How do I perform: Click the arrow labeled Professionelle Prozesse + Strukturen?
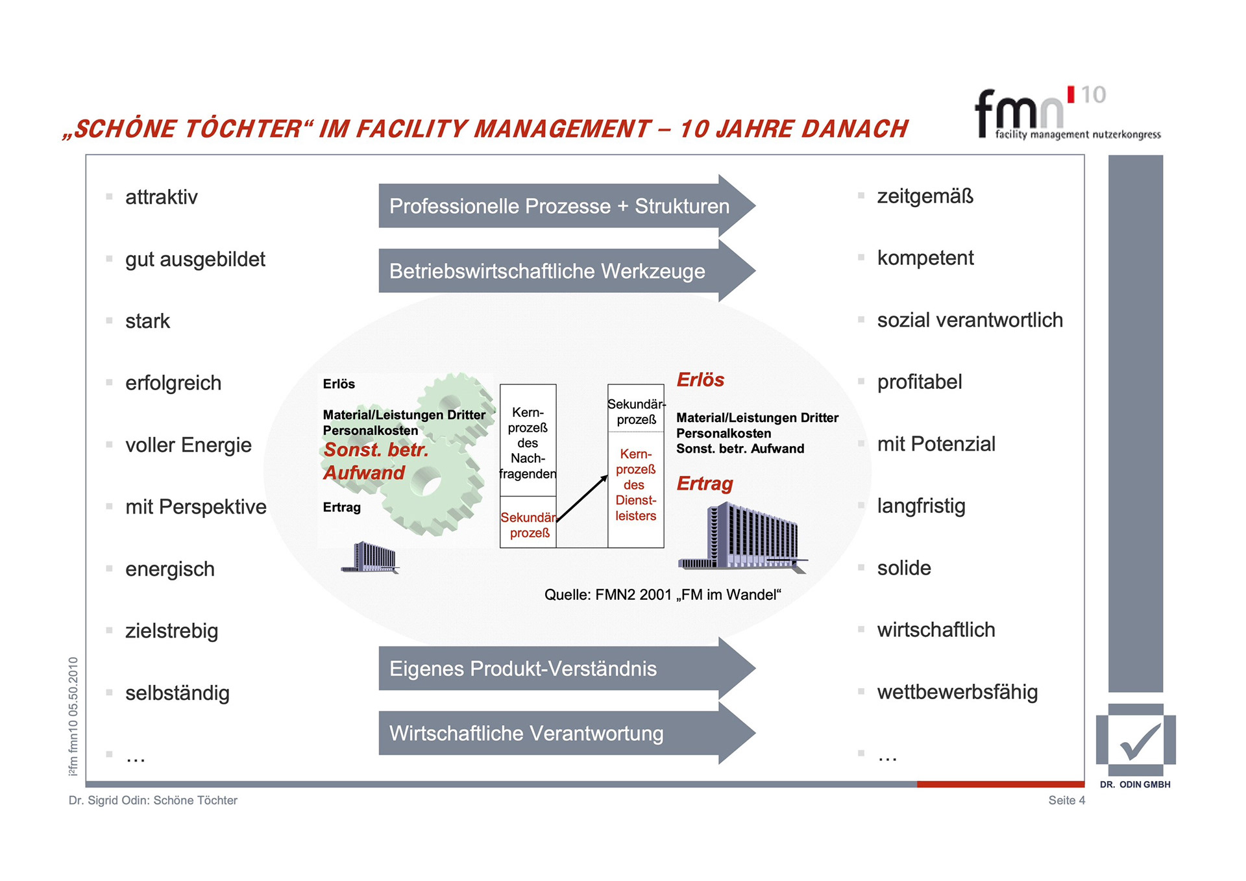559,206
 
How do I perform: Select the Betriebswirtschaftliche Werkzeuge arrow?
547,271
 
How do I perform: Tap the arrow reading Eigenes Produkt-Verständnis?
523,669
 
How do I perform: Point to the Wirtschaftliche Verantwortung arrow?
526,734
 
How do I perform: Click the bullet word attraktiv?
161,197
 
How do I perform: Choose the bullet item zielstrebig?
171,630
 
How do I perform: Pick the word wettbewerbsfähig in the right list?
957,692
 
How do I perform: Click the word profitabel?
919,382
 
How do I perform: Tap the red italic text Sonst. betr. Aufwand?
375,461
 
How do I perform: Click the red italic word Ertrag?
705,484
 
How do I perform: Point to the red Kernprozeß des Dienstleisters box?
635,485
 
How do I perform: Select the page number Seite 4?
1066,800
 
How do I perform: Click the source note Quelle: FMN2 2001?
663,595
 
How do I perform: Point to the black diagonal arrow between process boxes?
582,499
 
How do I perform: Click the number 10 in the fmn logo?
1093,95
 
